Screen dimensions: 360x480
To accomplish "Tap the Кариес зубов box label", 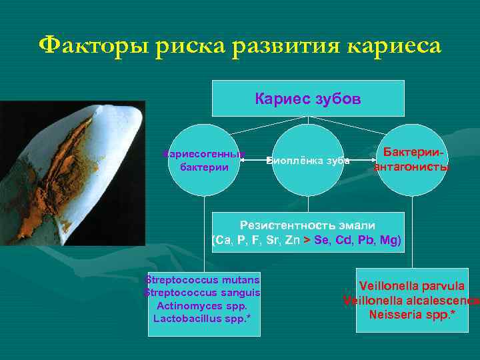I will (308, 99).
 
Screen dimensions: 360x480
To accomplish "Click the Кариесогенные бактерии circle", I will (204, 160).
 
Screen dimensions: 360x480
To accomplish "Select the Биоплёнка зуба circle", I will (308, 160).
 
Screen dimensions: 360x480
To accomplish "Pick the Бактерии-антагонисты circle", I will (411, 160).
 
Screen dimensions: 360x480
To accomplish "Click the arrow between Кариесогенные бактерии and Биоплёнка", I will (256, 160).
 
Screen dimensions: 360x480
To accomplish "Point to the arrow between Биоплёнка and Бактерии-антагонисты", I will (360, 160).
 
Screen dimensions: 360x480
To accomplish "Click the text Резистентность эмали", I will (308, 225).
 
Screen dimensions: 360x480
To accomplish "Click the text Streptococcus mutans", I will (204, 279).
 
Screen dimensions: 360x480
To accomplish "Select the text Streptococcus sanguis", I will (204, 292).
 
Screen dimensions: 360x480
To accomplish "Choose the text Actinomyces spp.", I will (204, 305).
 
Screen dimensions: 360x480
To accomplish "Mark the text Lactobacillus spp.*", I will (204, 319).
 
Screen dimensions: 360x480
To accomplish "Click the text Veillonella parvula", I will (411, 286).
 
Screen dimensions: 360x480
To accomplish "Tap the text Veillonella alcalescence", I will (411, 300).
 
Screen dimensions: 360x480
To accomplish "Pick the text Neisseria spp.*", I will (411, 313).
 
